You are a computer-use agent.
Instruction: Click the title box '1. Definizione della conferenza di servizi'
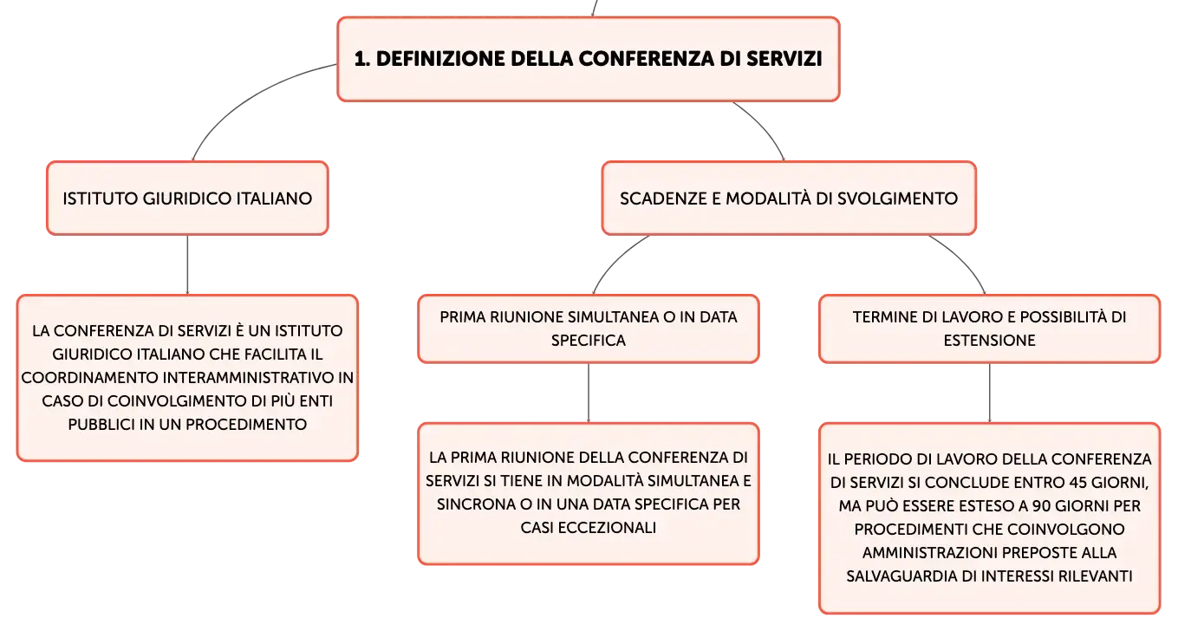click(589, 59)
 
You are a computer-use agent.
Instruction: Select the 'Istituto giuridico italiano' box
click(188, 198)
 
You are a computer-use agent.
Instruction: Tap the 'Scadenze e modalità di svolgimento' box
click(789, 198)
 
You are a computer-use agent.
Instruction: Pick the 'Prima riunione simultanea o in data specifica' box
click(589, 329)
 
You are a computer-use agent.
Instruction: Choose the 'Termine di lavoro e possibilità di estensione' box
click(989, 329)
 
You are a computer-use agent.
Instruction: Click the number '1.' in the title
click(362, 59)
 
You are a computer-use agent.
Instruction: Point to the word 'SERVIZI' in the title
click(784, 59)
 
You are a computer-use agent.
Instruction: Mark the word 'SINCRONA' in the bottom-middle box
click(476, 504)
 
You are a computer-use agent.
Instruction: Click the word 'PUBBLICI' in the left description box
click(101, 425)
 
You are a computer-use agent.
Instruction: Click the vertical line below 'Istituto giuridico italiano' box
click(187, 264)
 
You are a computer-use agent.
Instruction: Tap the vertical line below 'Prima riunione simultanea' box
click(589, 393)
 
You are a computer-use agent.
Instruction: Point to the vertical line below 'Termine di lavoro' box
click(990, 393)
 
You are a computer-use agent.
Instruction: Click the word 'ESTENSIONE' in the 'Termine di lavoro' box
click(989, 341)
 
